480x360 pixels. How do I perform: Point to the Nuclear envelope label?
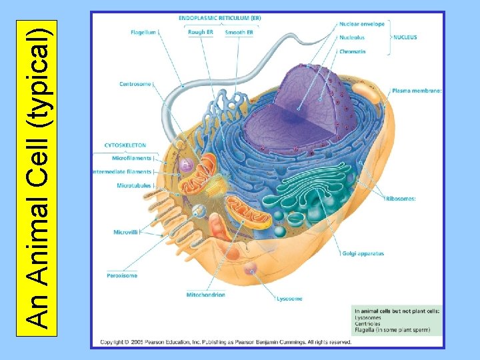coord(361,24)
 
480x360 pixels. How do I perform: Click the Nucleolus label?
coord(351,38)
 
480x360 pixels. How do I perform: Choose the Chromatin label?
coord(351,51)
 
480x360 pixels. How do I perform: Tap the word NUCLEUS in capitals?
coord(405,38)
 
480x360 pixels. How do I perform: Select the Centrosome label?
coord(135,84)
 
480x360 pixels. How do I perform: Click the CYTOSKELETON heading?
coord(125,145)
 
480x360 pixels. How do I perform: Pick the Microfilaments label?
coord(131,159)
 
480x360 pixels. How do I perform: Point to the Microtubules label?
coord(134,185)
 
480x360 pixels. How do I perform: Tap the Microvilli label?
coord(126,232)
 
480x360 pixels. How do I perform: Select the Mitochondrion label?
coord(205,295)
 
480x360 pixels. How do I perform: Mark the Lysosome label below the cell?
coord(289,299)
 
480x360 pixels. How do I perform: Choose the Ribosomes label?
coord(401,199)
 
